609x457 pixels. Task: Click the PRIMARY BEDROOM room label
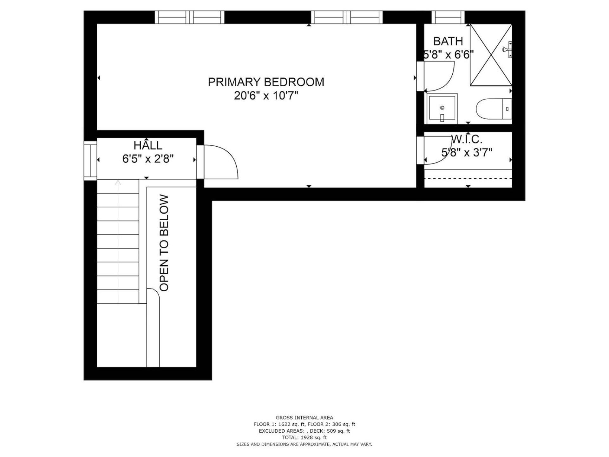tap(266, 82)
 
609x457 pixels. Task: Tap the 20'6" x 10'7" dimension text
tap(266, 96)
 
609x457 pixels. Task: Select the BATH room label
tap(448, 41)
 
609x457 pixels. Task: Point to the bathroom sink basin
tap(442, 108)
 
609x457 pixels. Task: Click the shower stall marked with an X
tap(491, 55)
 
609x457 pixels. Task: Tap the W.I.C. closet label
tap(467, 139)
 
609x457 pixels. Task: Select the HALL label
tap(148, 145)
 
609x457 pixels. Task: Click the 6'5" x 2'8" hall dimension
tap(148, 159)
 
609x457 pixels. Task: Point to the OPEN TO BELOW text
tap(164, 243)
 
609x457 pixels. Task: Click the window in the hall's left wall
tap(90, 160)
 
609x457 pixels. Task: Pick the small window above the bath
tap(448, 17)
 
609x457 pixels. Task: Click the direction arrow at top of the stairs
tap(118, 183)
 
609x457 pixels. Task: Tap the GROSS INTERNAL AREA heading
tap(304, 418)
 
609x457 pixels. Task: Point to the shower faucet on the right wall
tap(507, 50)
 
